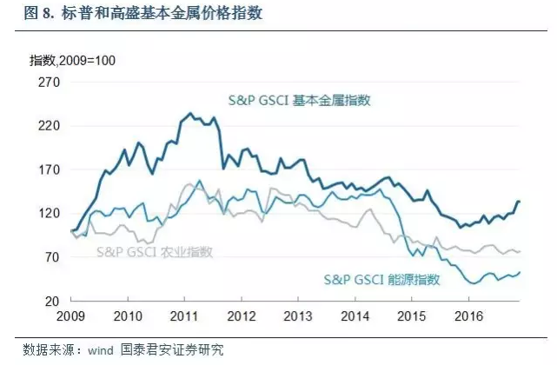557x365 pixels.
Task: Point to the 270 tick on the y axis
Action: [x=46, y=83]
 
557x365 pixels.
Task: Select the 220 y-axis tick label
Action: [x=46, y=126]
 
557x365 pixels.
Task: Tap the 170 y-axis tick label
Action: [x=46, y=169]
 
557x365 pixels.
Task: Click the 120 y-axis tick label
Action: [x=46, y=214]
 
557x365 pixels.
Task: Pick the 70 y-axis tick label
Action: [x=50, y=257]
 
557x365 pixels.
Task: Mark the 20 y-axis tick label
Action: [x=50, y=301]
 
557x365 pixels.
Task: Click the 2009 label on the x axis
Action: [x=70, y=316]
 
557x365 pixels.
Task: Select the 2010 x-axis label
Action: [x=129, y=316]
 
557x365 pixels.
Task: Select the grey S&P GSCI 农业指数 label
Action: [x=155, y=252]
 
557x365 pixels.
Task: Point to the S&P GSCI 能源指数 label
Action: [x=381, y=280]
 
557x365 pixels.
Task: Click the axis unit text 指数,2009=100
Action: [x=72, y=60]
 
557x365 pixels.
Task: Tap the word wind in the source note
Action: [x=95, y=350]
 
